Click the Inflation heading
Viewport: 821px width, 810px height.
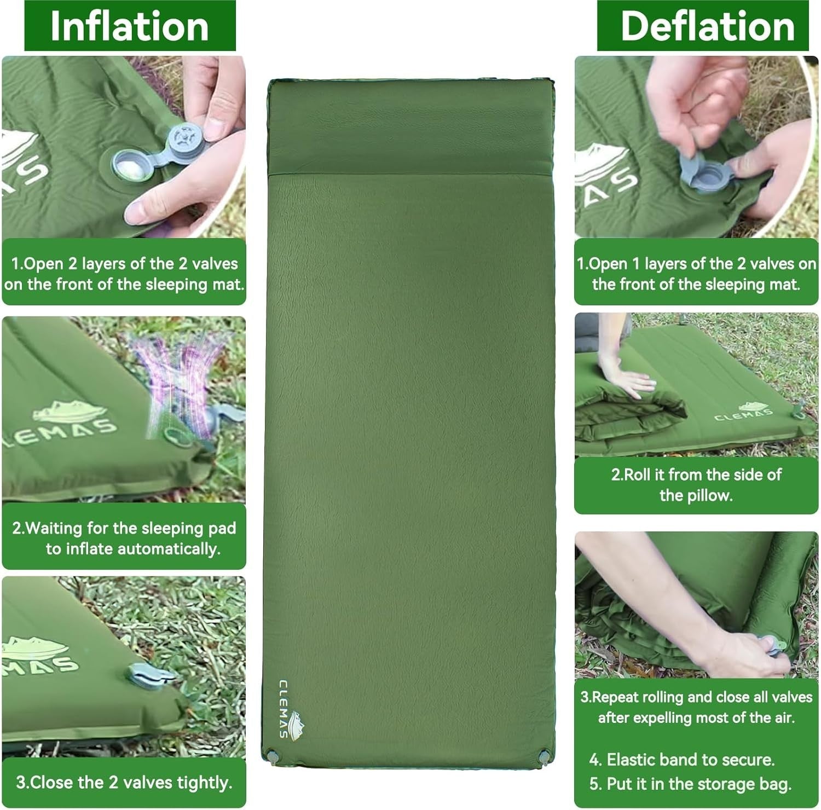click(130, 26)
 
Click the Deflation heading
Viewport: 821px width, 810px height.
click(707, 26)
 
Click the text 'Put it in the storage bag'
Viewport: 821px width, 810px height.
click(699, 784)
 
